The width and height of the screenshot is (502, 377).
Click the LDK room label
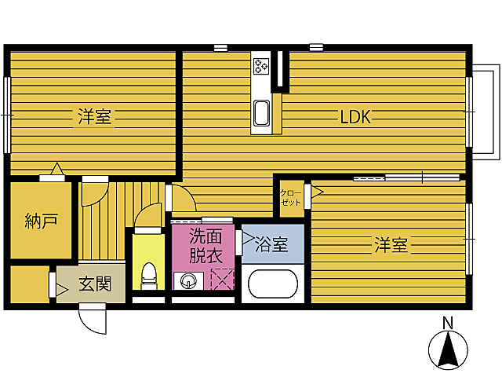[x=355, y=118]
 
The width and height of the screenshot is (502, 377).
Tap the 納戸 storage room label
[x=42, y=221]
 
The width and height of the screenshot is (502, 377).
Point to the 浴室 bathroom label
[x=271, y=245]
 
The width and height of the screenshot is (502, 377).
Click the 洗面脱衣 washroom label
[x=206, y=245]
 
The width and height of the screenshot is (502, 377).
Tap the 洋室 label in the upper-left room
[x=94, y=118]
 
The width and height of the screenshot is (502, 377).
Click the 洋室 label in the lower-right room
[x=390, y=245]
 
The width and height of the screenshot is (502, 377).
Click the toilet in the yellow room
[x=147, y=274]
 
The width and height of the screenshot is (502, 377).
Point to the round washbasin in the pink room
[x=187, y=280]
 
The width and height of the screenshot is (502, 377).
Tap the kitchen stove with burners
[x=260, y=67]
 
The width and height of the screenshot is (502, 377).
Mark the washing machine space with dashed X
[x=222, y=279]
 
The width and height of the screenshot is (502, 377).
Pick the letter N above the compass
[x=448, y=322]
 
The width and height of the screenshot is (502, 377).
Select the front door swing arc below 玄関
[x=91, y=320]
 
